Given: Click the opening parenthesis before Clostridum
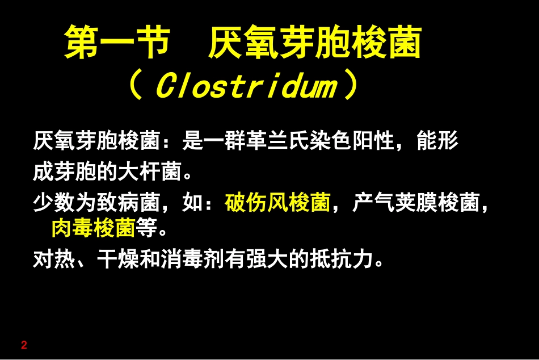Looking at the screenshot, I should tap(134, 87).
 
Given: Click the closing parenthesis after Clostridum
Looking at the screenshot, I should tap(352, 87).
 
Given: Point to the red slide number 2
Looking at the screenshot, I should tap(24, 345).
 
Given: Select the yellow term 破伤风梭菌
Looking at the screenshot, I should tap(278, 203).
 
